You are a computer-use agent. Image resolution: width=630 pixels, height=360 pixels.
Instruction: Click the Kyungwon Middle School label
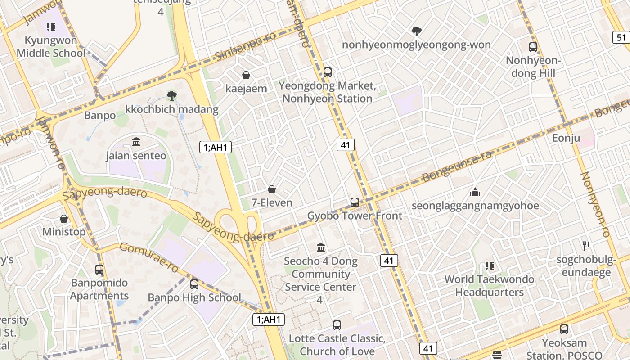51,47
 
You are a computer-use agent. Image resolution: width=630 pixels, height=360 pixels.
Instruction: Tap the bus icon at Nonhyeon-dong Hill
533,47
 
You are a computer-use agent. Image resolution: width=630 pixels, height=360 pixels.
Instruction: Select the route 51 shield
621,37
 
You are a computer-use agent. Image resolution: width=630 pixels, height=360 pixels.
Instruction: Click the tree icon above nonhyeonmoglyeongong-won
417,31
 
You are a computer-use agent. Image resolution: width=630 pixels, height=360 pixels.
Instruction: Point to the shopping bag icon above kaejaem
246,75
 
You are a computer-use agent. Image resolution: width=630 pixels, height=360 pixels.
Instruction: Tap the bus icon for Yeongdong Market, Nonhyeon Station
328,72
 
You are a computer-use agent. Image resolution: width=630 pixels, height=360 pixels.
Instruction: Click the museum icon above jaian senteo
136,142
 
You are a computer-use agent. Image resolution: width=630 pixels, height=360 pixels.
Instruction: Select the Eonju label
566,138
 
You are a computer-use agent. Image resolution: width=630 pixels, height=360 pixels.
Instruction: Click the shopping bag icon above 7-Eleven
272,189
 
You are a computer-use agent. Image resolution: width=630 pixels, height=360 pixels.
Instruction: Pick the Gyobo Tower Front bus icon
355,202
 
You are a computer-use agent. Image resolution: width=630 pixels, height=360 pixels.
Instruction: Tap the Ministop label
64,232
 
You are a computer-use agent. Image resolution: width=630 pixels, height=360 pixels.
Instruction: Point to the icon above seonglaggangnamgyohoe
475,193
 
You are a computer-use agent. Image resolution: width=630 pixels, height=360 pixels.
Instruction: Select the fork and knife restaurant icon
586,246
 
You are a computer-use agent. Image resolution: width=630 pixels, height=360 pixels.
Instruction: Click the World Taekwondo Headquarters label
489,286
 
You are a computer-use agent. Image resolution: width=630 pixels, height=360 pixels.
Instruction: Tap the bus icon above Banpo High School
194,284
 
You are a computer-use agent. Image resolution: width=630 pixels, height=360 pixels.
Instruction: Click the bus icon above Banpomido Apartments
99,270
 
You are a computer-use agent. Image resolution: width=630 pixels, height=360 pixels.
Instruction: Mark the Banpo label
100,116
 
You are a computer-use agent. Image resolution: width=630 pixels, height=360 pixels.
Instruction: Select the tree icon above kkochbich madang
171,95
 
